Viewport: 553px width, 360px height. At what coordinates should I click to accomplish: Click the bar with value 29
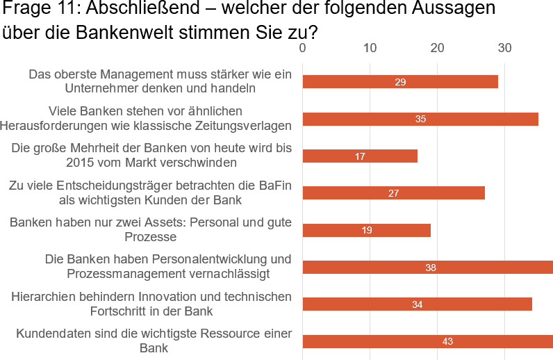[400, 82]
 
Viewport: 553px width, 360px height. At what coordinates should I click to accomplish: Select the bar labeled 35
[420, 119]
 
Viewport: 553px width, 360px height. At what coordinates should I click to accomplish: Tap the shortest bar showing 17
[360, 156]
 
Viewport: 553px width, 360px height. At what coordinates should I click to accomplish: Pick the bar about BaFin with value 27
[393, 193]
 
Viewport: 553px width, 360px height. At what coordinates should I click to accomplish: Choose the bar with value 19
[366, 230]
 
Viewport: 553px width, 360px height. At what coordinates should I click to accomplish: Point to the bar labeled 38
[427, 267]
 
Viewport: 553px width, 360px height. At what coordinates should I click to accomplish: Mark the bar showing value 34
[417, 304]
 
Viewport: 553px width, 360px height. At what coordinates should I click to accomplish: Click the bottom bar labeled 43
[427, 341]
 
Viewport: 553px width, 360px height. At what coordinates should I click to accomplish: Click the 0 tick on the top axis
[302, 48]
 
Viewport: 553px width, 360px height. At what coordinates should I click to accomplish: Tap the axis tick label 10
[370, 48]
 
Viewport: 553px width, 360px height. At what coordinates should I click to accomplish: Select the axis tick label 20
[437, 48]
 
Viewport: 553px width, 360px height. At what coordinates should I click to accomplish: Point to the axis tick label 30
[504, 48]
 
